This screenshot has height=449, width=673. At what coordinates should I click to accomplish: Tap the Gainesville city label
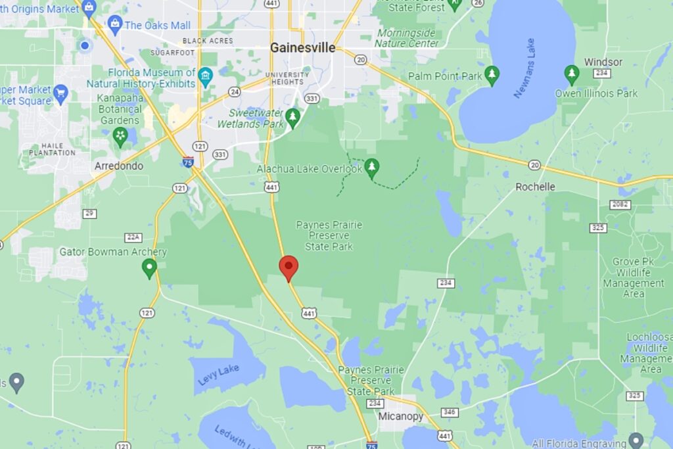click(x=302, y=48)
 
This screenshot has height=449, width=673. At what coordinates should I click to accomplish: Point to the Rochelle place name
click(x=535, y=187)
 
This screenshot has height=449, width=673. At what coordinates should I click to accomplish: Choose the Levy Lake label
click(x=218, y=375)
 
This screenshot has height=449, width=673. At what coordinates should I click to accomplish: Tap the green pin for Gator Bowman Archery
click(x=149, y=268)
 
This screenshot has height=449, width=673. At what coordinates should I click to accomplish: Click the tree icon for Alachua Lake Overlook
click(x=372, y=167)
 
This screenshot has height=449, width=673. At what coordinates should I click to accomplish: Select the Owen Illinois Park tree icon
click(x=572, y=74)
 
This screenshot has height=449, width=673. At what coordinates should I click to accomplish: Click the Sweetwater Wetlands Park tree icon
click(x=292, y=117)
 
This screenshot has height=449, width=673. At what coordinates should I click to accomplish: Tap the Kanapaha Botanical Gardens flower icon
click(x=120, y=137)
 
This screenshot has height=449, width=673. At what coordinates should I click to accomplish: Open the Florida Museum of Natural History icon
click(x=206, y=76)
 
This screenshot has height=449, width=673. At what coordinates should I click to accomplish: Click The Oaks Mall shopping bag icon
click(x=115, y=25)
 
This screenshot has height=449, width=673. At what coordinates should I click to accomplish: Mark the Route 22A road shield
click(x=133, y=237)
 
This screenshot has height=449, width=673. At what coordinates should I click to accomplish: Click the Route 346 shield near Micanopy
click(x=449, y=412)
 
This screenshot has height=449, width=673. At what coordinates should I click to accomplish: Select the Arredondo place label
click(x=119, y=166)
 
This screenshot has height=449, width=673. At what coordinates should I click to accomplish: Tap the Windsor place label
click(x=603, y=62)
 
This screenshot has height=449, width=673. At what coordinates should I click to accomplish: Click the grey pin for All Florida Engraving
click(x=635, y=439)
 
